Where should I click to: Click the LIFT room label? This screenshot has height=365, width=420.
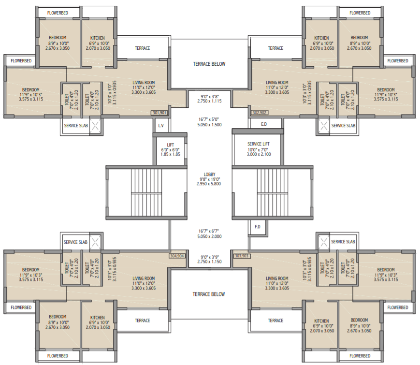tap(170, 145)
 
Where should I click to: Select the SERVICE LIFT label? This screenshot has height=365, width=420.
tap(258, 144)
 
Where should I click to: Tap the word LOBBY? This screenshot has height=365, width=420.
tap(209, 175)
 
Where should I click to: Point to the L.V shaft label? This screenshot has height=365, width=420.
tap(161, 125)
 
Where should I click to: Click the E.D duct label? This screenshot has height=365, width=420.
tap(264, 125)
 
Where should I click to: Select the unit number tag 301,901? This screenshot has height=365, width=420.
tap(159, 113)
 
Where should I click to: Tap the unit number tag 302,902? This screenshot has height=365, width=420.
tap(260, 113)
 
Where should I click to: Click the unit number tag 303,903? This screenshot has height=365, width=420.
tap(242, 256)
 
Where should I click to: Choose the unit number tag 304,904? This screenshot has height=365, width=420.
tap(177, 256)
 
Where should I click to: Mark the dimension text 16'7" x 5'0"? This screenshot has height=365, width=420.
tap(209, 119)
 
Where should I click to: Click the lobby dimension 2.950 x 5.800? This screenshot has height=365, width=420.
tap(209, 184)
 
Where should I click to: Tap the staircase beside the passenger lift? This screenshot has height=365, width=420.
tap(145, 193)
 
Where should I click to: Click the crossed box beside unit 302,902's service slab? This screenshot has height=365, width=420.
tap(323, 125)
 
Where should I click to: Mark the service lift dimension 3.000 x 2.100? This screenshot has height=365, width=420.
tap(258, 154)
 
